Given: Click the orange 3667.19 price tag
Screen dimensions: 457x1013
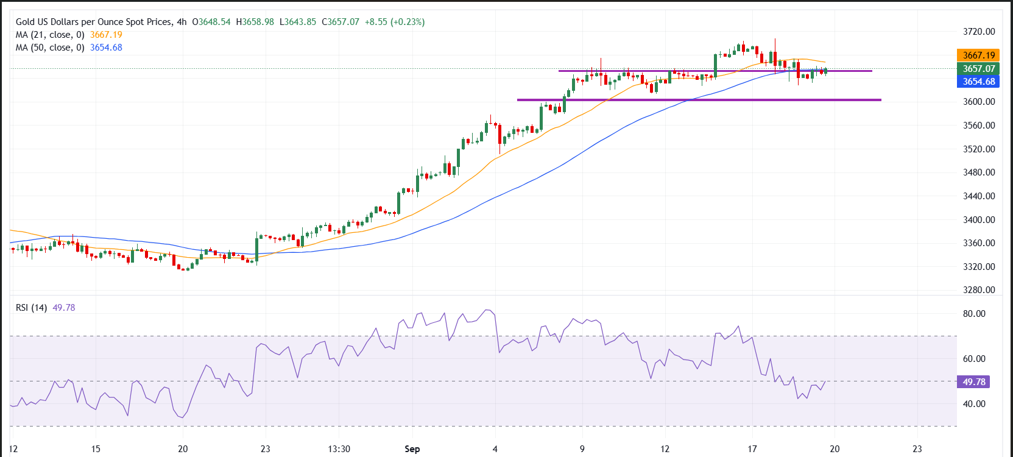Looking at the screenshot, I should [x=978, y=55].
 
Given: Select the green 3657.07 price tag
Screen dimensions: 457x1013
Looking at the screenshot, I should [x=978, y=69].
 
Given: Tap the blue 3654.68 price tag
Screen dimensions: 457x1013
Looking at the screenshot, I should [x=978, y=82].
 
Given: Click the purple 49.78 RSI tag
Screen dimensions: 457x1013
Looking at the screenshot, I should [x=973, y=382].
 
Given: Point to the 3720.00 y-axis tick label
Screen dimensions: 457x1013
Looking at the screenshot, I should [x=978, y=32].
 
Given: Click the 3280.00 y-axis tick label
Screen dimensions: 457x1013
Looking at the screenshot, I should [x=978, y=290].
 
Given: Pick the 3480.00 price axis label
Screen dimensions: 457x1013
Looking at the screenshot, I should [x=978, y=172].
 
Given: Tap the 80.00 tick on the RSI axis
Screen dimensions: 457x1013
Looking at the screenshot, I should [x=973, y=314].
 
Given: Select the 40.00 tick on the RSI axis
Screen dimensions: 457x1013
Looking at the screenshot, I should [x=973, y=404].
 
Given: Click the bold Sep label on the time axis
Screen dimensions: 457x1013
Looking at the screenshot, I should [x=412, y=449].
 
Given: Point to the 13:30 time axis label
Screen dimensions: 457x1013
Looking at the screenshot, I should [x=339, y=449].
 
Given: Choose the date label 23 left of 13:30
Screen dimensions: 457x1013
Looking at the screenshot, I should [x=266, y=449].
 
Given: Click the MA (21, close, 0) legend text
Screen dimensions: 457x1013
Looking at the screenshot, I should [x=50, y=35].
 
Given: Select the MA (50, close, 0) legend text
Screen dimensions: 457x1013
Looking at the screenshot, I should [x=50, y=48].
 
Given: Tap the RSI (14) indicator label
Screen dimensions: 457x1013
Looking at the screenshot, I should [x=31, y=308].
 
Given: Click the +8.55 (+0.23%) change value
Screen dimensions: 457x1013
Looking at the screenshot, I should [x=395, y=22].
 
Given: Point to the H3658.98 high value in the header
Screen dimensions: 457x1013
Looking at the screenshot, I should [x=255, y=22].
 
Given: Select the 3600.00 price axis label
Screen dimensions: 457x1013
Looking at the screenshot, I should [x=978, y=102].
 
